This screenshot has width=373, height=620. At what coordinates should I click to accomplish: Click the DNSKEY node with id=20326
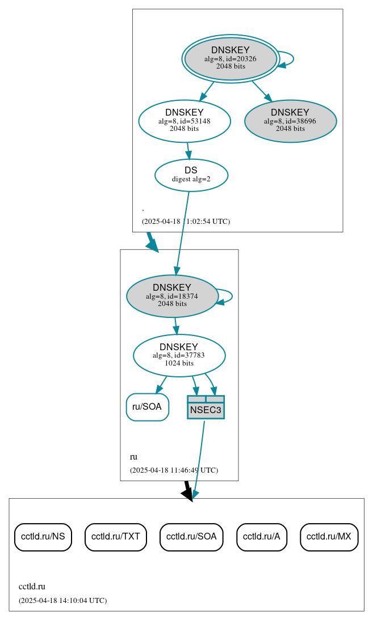tap(230, 58)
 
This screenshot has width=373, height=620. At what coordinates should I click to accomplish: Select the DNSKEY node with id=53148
tap(185, 121)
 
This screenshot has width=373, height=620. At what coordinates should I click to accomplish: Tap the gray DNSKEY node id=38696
tap(290, 121)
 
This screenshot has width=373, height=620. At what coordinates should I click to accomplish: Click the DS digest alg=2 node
tap(191, 175)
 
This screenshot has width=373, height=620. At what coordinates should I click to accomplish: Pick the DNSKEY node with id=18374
tap(172, 296)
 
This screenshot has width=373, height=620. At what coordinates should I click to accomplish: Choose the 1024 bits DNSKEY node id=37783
tap(179, 355)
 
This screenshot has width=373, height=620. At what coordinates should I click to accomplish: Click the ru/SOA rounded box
tap(147, 407)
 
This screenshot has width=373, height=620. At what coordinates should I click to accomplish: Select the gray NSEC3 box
tap(206, 407)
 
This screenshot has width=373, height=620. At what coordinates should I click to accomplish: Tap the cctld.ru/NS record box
tap(43, 536)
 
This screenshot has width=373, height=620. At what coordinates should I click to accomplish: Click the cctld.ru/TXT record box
tap(116, 536)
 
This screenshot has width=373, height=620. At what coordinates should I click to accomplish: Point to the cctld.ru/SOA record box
tap(191, 536)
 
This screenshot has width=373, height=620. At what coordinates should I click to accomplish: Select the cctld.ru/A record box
tap(262, 536)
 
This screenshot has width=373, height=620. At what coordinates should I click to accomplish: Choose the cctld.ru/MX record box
tap(329, 536)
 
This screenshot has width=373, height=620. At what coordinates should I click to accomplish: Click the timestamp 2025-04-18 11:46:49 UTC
tap(174, 470)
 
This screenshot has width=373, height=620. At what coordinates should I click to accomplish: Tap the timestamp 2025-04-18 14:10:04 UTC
tap(62, 600)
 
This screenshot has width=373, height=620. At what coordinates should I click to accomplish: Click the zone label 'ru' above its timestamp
tap(133, 457)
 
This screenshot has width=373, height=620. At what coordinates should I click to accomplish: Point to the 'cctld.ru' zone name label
tap(32, 587)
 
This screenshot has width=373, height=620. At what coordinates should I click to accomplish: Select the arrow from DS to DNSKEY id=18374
tap(183, 232)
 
